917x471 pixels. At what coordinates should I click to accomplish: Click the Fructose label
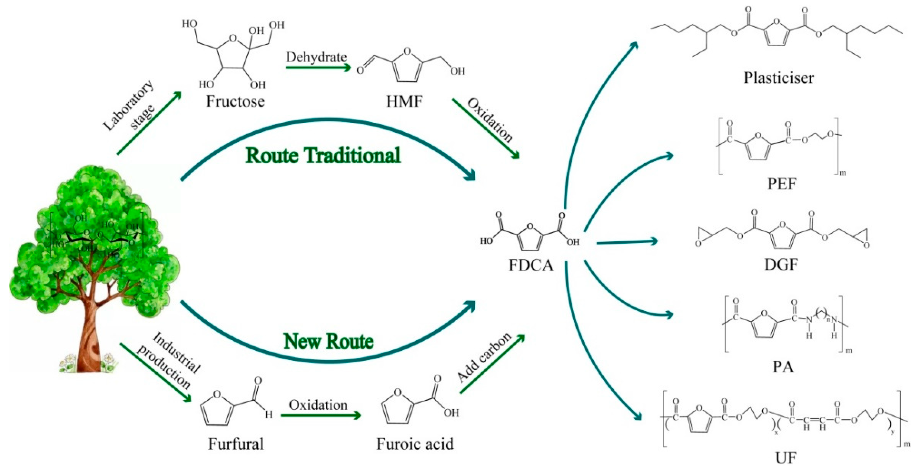pos(235,102)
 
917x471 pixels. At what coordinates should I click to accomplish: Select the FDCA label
pos(531,265)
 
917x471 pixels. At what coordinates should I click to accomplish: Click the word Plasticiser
pos(779,78)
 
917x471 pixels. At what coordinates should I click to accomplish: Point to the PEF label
pos(781,184)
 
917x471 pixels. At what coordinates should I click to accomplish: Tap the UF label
pos(785,458)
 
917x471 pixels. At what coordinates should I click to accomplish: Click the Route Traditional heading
pos(323,156)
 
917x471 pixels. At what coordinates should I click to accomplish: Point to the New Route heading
pos(328,341)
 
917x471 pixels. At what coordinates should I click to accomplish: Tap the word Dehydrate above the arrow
pos(316,57)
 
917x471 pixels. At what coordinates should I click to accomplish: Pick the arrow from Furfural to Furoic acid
pos(320,415)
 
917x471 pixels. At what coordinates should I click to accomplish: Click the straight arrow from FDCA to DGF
pos(627,242)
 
